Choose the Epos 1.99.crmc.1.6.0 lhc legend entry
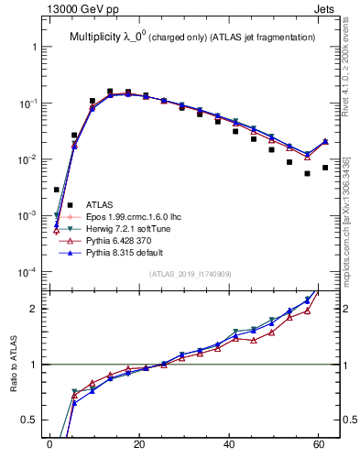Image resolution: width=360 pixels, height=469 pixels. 135,216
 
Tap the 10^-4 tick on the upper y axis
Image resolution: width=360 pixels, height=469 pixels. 27,272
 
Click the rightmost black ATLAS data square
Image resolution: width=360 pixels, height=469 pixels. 325,168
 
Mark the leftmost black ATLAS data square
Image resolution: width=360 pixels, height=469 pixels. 57,190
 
